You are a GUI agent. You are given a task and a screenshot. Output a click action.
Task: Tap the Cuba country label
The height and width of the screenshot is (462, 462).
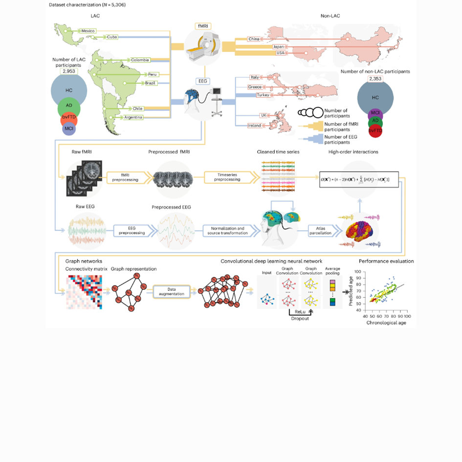[x=112, y=37]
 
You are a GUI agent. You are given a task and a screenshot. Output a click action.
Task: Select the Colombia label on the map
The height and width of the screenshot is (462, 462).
[x=140, y=60]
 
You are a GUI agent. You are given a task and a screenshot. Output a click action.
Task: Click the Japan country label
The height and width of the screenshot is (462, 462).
[x=278, y=46]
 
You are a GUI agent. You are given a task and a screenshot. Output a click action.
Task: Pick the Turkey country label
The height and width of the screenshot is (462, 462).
[x=264, y=95]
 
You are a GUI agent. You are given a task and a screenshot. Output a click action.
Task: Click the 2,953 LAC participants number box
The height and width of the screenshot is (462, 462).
[x=69, y=71]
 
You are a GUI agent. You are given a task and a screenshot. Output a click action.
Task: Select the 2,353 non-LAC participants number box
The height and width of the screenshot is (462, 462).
[x=375, y=79]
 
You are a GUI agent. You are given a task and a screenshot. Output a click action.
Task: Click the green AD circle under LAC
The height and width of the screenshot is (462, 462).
[x=69, y=107]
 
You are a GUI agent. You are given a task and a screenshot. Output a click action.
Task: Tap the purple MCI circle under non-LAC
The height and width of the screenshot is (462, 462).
[x=375, y=114]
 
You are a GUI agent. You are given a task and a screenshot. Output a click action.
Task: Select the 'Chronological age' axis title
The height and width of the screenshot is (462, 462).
[x=386, y=323]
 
